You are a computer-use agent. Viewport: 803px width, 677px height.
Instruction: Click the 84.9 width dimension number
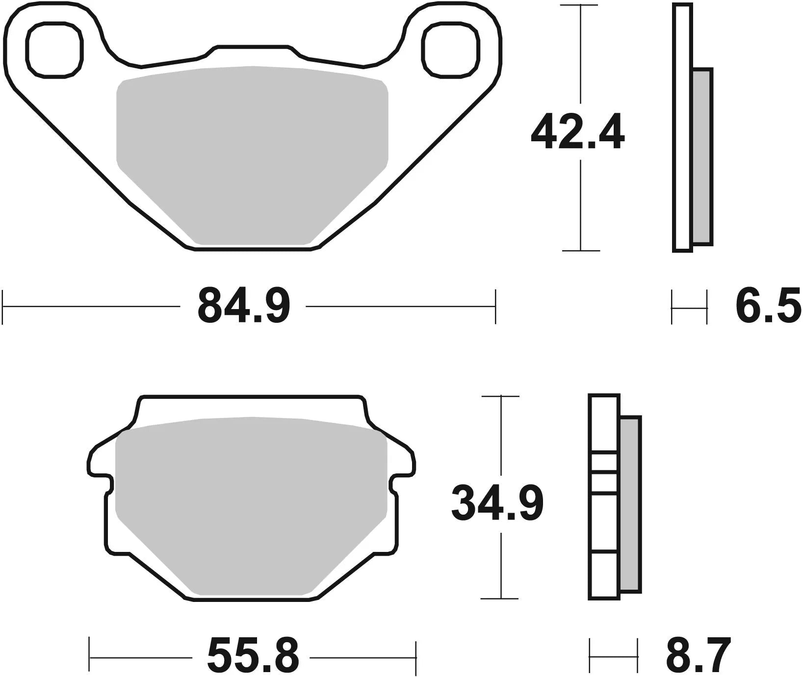tap(244, 306)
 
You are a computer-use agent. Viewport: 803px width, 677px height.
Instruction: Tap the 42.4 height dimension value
tap(577, 131)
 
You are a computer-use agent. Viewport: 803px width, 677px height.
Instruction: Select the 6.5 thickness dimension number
tap(768, 306)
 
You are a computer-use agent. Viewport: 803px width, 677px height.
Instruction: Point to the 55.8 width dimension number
tap(253, 656)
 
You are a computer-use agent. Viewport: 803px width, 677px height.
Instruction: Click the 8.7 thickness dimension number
tap(698, 656)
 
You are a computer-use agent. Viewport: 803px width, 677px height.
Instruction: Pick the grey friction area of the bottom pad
tap(251, 500)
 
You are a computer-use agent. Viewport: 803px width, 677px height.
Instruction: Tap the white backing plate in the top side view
tap(682, 128)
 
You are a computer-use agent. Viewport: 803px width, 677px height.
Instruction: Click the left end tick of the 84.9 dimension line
tap(3, 307)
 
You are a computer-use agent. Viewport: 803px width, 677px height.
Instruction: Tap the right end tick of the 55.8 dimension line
tap(415, 656)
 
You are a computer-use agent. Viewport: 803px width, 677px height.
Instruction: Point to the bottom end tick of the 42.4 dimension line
tap(581, 251)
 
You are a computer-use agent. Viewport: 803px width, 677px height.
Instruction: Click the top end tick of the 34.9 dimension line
tap(500, 396)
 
